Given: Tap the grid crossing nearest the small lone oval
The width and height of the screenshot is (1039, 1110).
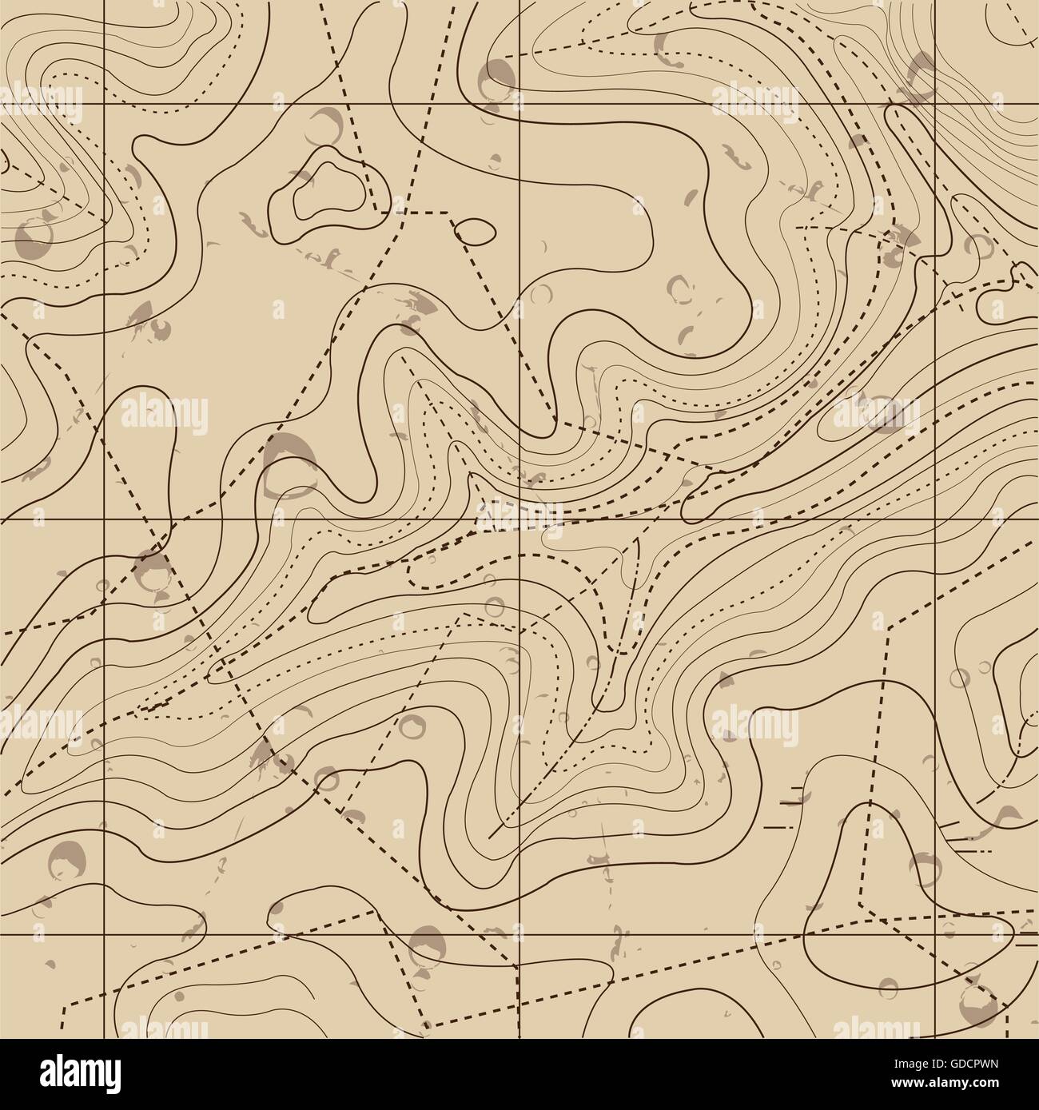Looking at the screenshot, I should pyautogui.click(x=520, y=105).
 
